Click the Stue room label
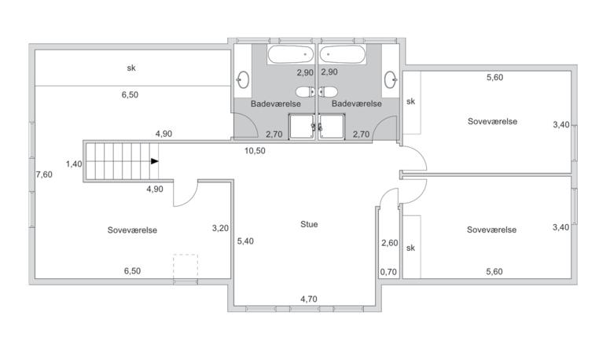309,224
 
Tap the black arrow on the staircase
154,161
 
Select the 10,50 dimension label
255,151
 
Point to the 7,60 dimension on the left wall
44,174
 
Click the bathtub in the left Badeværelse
291,54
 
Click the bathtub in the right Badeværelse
343,54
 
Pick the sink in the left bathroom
243,79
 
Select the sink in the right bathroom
391,79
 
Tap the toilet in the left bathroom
305,92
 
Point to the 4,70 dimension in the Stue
309,299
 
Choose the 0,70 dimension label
388,272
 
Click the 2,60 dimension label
390,243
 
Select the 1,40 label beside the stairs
74,164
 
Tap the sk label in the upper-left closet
131,68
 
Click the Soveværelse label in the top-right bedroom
492,122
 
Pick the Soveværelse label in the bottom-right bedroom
491,230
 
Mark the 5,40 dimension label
245,241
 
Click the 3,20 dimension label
220,228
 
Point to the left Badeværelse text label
276,104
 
